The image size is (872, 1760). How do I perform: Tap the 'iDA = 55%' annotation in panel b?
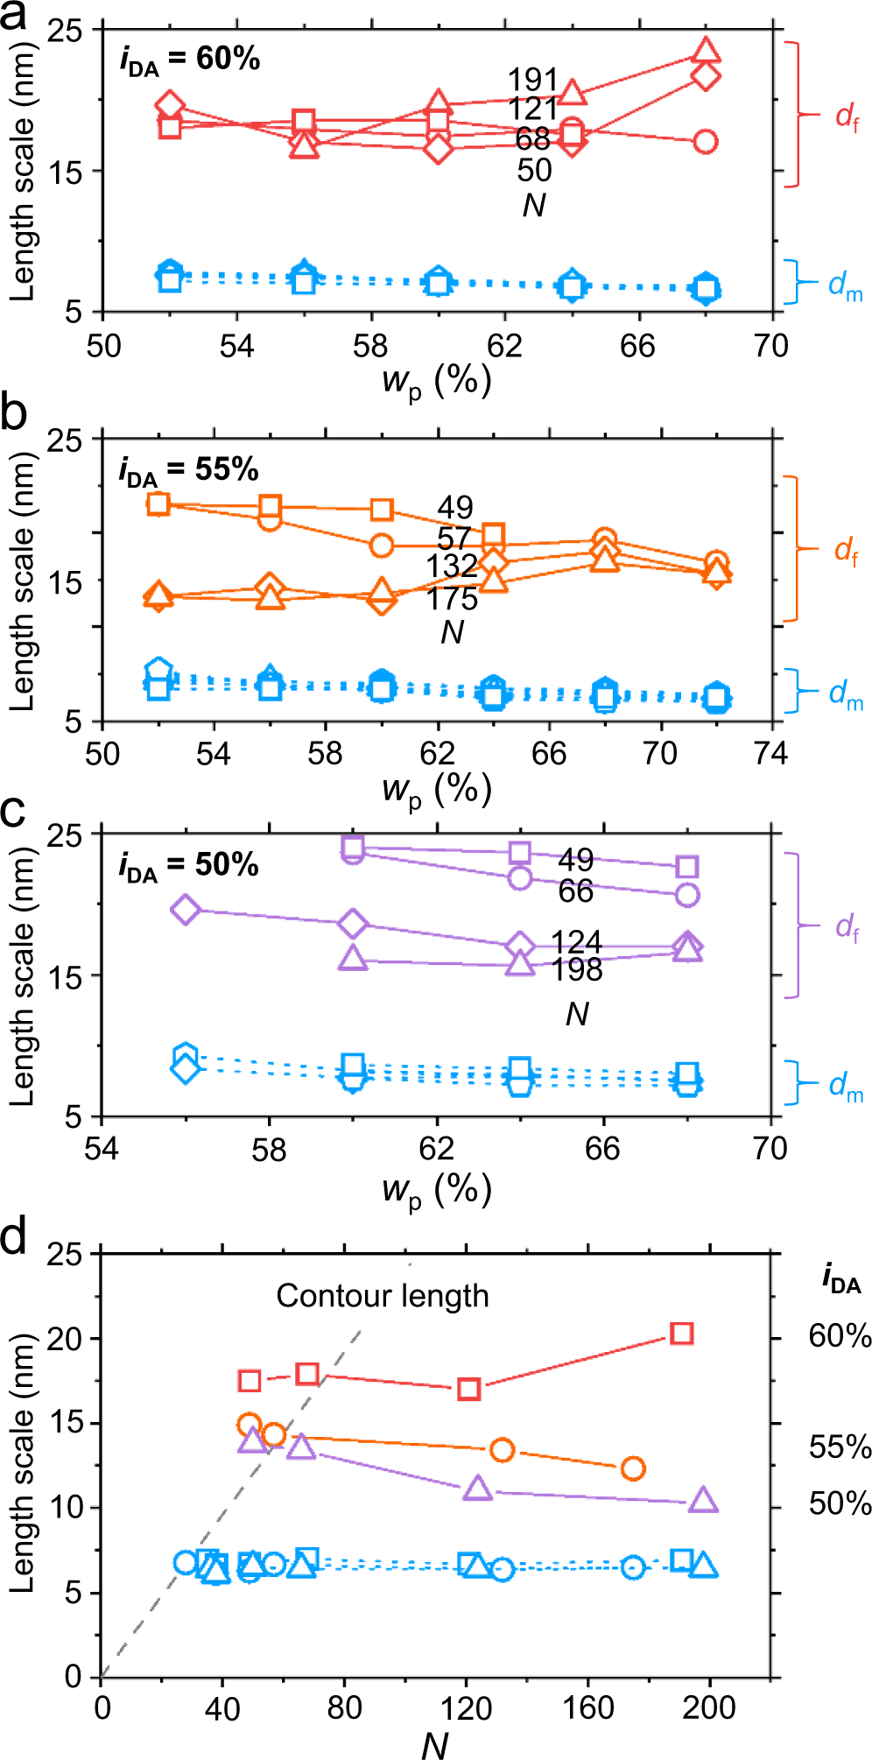189,470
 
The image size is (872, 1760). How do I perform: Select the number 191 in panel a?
532,80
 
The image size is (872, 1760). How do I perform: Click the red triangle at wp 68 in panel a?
706,51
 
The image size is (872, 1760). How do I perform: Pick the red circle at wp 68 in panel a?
706,141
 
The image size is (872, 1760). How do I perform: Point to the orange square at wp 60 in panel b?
382,510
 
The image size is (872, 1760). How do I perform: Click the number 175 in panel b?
452,599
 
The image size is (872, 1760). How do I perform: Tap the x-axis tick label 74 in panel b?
770,753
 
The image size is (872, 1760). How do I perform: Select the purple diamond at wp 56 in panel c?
186,910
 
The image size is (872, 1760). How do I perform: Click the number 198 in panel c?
577,970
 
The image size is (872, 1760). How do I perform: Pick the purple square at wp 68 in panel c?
687,867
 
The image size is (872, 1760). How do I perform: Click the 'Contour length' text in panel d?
383,1296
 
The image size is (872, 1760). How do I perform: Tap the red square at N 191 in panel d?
682,1334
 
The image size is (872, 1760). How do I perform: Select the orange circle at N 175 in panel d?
633,1468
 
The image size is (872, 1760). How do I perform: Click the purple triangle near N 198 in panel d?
703,1501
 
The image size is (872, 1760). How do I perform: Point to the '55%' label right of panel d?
840,1447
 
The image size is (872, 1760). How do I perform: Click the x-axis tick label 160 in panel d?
587,1707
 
